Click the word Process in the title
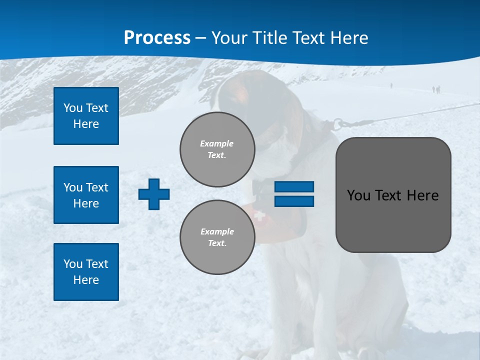[157, 38]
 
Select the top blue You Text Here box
[86, 116]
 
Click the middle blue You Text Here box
[86, 195]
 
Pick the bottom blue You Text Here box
[86, 272]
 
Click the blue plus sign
[154, 194]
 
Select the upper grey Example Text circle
[217, 149]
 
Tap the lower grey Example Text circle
[217, 237]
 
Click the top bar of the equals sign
[294, 186]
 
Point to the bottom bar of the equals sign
[294, 201]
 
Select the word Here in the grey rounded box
[422, 195]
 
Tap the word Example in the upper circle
[217, 143]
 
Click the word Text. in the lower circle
[217, 243]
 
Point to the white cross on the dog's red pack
[259, 216]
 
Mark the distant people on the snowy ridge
[436, 89]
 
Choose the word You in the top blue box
[72, 108]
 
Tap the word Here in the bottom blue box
[86, 280]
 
